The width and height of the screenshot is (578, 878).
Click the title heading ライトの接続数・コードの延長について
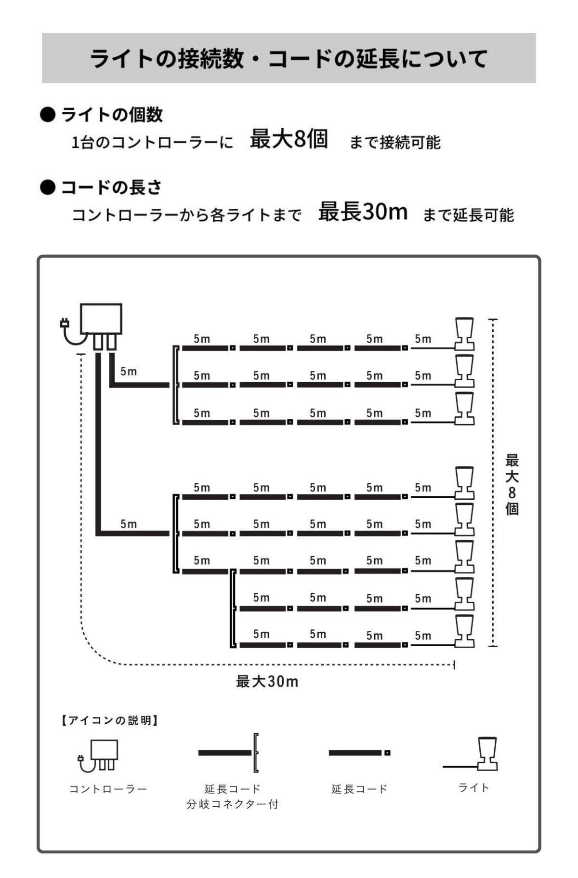point(289,58)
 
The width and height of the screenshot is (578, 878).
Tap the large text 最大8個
point(289,139)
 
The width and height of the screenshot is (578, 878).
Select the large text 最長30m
point(363,211)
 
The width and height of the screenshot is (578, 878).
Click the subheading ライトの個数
point(112,115)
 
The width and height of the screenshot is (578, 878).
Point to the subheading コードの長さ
point(111,187)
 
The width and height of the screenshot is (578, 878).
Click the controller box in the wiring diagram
point(101,319)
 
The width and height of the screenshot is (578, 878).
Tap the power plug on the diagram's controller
point(64,323)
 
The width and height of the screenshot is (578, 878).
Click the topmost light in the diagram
point(464,333)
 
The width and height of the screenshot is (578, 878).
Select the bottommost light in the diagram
point(464,631)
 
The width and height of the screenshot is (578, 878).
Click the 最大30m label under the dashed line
point(267,681)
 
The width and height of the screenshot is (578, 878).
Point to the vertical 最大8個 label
point(512,484)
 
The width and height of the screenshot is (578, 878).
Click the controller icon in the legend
point(98,756)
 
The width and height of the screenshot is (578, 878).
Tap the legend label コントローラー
point(108,789)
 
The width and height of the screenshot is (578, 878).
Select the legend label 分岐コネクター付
point(233,804)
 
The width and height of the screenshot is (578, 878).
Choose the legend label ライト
point(474,787)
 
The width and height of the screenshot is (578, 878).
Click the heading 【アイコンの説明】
point(109,720)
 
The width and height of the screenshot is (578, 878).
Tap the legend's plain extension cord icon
point(359,753)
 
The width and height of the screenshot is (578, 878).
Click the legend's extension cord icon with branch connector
point(229,753)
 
